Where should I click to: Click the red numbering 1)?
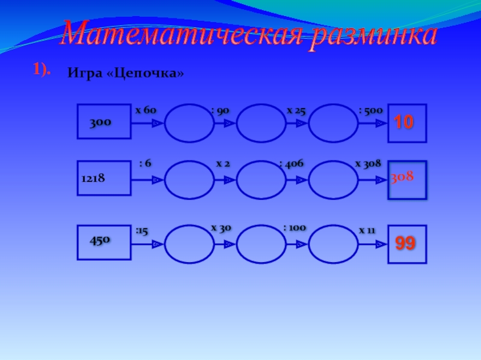point(41,70)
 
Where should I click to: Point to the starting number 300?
point(100,122)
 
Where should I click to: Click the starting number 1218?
point(93,178)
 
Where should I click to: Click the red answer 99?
point(406,243)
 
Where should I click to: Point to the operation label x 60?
point(146,110)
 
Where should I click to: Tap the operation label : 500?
point(370,110)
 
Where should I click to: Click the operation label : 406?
point(292,163)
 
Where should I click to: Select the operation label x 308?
point(368,163)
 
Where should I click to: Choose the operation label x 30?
point(221,228)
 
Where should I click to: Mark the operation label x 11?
point(367,230)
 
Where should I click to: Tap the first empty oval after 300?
point(189,123)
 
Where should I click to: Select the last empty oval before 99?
point(333,244)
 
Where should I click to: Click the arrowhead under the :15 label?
point(156,244)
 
